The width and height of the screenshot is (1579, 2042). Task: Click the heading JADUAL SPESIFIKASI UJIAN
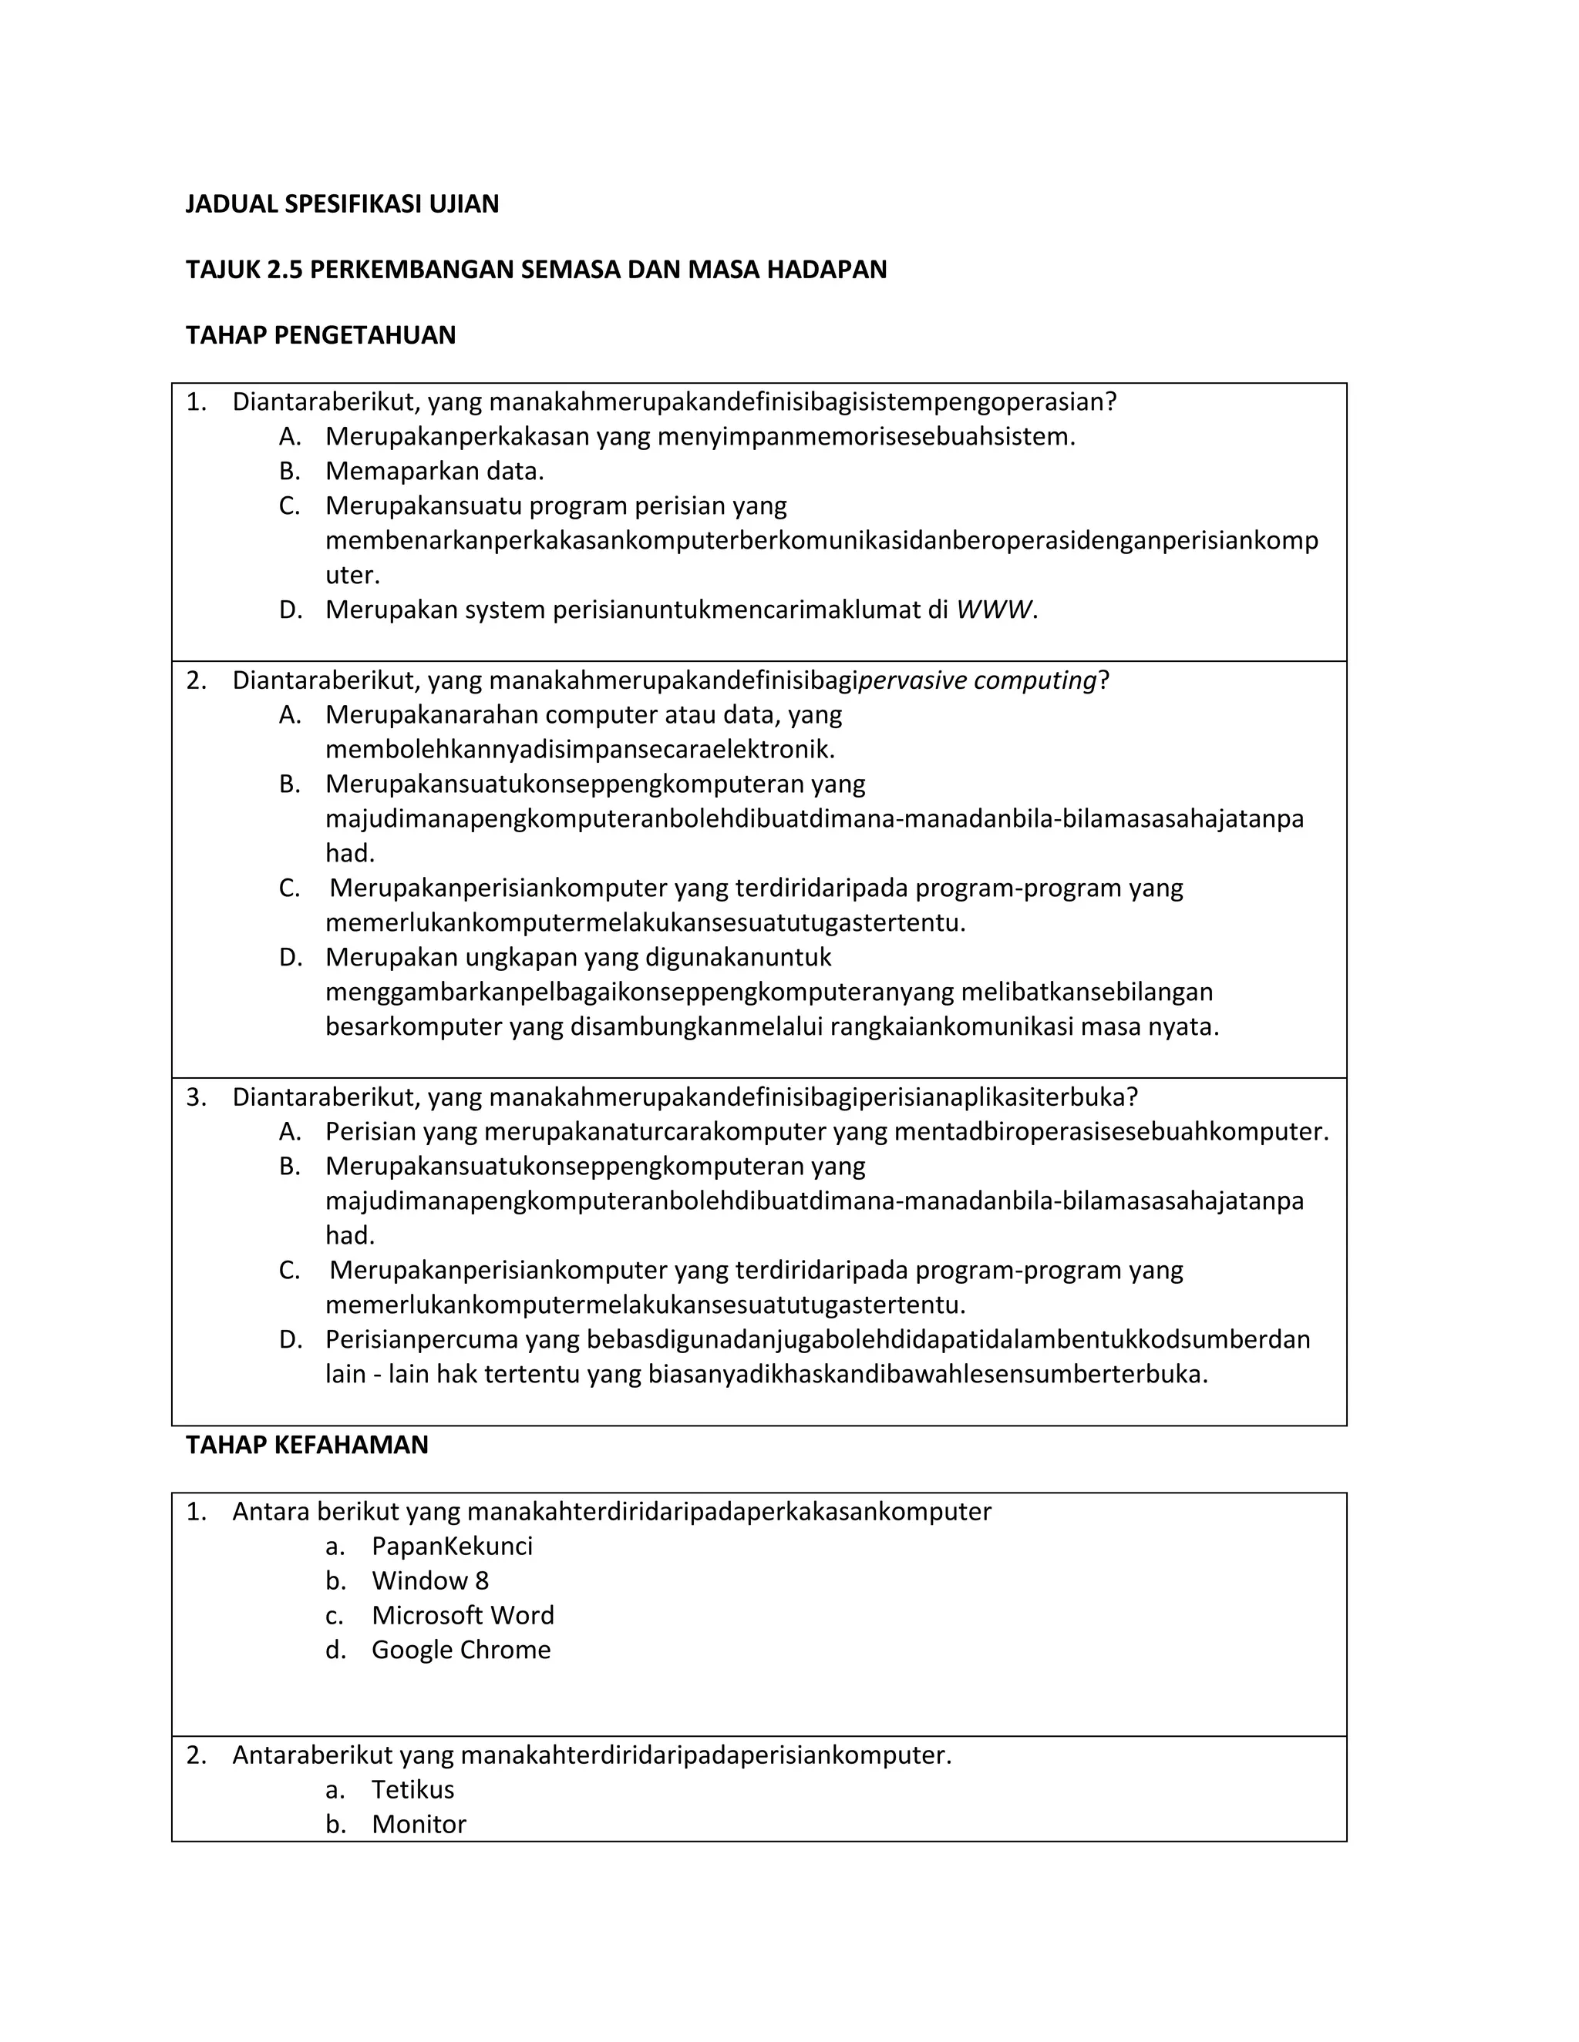coord(342,204)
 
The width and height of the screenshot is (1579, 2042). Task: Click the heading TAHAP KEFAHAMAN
coord(307,1445)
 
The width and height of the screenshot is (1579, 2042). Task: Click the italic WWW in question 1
coord(993,610)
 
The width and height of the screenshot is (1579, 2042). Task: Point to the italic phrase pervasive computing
coord(977,680)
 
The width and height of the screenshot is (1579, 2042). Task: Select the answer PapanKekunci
coord(452,1546)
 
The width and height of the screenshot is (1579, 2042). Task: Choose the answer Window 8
coord(429,1580)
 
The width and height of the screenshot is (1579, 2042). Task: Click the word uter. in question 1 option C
coord(352,575)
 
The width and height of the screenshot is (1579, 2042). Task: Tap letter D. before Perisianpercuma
coord(290,1339)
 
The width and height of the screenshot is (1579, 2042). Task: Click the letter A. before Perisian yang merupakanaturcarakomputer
coord(290,1131)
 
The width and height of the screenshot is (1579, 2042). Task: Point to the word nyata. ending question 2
coord(1189,1026)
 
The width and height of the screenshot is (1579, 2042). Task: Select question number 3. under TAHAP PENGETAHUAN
coord(196,1097)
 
